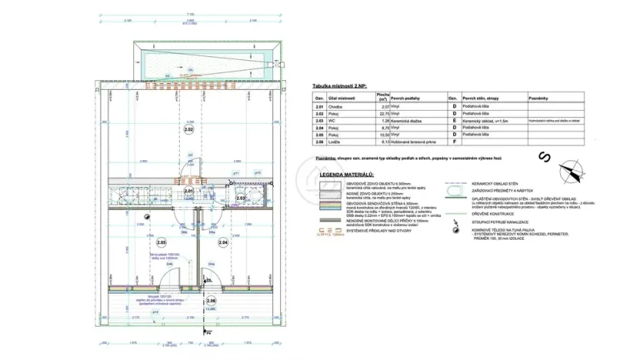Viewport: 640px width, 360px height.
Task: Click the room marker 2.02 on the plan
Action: click(x=189, y=131)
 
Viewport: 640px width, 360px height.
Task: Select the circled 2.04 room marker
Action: click(x=224, y=242)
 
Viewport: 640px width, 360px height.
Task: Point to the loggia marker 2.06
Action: click(x=212, y=300)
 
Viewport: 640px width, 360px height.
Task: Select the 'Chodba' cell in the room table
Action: click(x=337, y=107)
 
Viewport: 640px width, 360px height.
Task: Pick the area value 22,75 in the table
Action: click(x=383, y=114)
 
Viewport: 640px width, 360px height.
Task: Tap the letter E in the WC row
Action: click(x=452, y=121)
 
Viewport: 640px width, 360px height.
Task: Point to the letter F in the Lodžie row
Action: click(x=452, y=142)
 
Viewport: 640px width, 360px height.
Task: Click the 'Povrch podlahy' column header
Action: click(x=407, y=98)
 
